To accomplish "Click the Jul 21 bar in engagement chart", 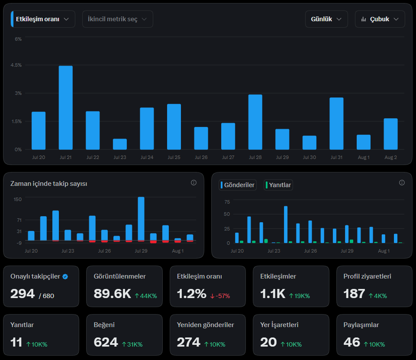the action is pyautogui.click(x=65, y=107).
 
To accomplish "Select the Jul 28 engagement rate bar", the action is pyautogui.click(x=255, y=122).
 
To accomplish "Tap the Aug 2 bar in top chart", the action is pyautogui.click(x=390, y=134).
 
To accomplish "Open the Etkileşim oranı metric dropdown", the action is pyautogui.click(x=43, y=19).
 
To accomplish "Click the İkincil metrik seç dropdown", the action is pyautogui.click(x=118, y=19).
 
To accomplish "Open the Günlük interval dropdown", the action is pyautogui.click(x=326, y=19).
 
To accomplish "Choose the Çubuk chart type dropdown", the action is pyautogui.click(x=380, y=19).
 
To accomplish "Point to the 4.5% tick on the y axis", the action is pyautogui.click(x=16, y=65).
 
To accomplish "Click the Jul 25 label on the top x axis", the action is pyautogui.click(x=174, y=157).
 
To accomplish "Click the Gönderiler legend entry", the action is pyautogui.click(x=238, y=185).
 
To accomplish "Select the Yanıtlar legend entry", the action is pyautogui.click(x=278, y=185).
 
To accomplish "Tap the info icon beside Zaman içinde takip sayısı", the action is pyautogui.click(x=193, y=183).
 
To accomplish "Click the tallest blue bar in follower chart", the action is pyautogui.click(x=141, y=219).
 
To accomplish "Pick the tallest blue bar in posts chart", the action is pyautogui.click(x=286, y=224).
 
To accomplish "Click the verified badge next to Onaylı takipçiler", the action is pyautogui.click(x=65, y=277).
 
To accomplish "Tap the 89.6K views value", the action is pyautogui.click(x=112, y=294).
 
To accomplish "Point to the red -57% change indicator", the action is pyautogui.click(x=220, y=296).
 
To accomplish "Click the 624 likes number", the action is pyautogui.click(x=106, y=342).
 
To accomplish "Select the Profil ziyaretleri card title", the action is pyautogui.click(x=367, y=276).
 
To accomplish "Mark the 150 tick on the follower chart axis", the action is pyautogui.click(x=17, y=199).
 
